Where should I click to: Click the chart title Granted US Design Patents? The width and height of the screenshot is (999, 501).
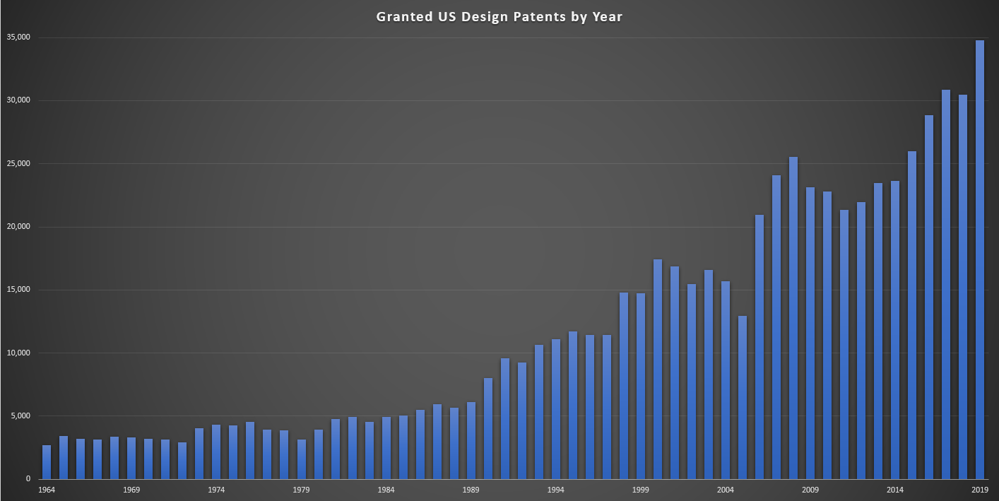[x=499, y=17]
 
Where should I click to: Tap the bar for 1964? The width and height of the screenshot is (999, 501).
[x=47, y=462]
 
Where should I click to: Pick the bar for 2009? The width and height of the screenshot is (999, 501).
[x=810, y=333]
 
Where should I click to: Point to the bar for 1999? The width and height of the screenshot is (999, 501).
[x=641, y=386]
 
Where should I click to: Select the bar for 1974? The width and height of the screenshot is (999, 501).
[x=216, y=452]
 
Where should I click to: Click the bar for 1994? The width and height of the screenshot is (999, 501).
[x=556, y=409]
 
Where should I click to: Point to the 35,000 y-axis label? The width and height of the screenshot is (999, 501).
[x=20, y=37]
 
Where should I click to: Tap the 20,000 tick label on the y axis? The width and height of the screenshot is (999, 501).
[x=20, y=227]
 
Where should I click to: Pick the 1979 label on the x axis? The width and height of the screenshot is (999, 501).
[x=301, y=490]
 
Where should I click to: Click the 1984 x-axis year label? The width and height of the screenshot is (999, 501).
[x=386, y=490]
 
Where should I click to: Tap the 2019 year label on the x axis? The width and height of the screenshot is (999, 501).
[x=980, y=490]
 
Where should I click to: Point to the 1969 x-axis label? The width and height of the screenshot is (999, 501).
[x=131, y=490]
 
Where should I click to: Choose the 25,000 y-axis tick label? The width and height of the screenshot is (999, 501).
[x=20, y=164]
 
